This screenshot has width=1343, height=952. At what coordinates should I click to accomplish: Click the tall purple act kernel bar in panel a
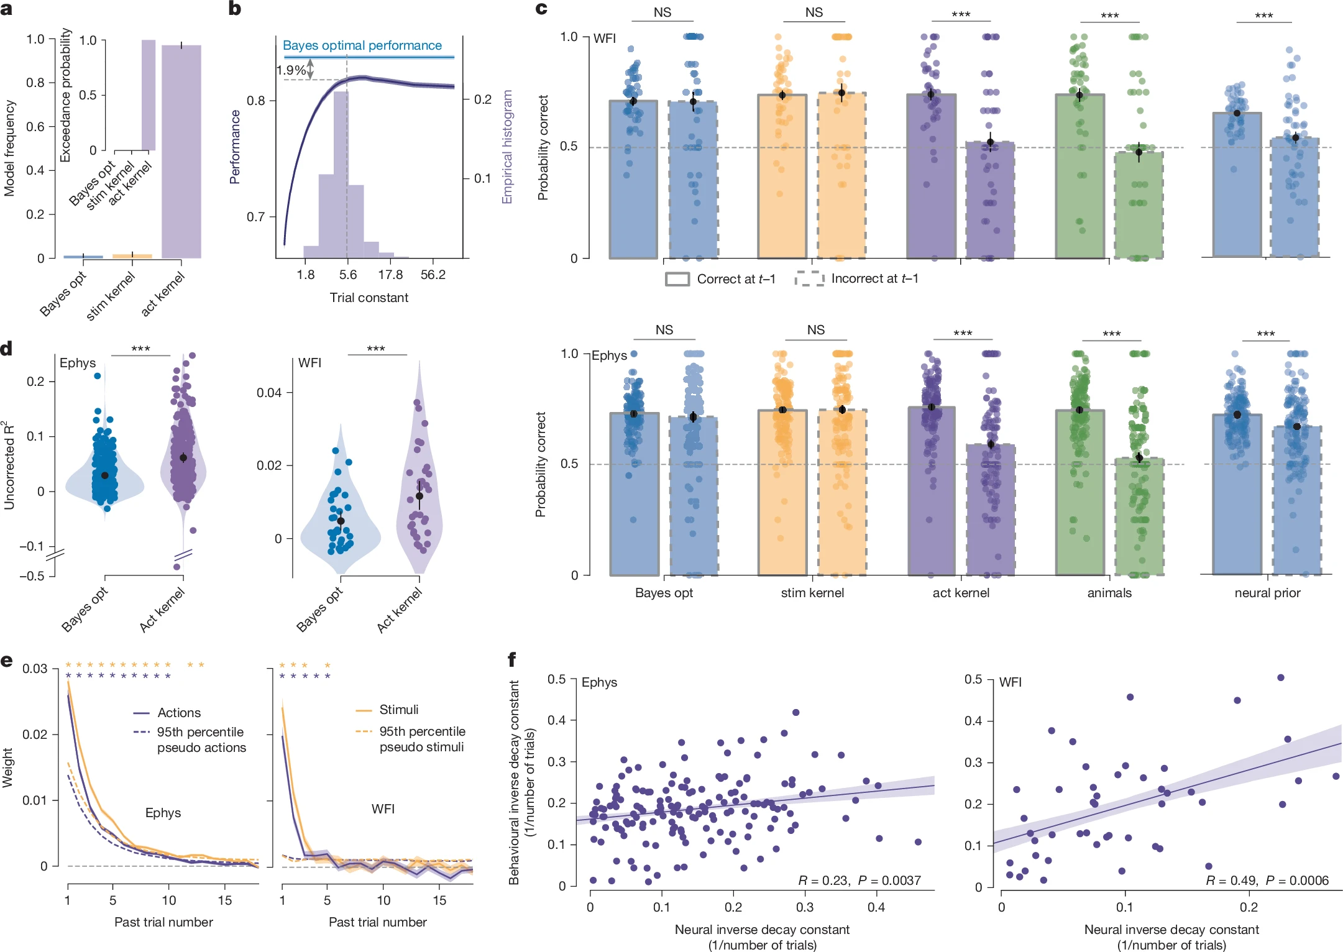point(181,155)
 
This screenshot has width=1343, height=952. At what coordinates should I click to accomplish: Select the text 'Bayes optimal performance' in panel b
point(362,45)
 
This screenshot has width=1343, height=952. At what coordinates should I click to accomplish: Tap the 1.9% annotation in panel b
point(291,70)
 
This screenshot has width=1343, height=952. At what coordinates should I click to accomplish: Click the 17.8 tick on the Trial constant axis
point(390,275)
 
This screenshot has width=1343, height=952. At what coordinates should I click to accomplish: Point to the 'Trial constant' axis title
point(369,298)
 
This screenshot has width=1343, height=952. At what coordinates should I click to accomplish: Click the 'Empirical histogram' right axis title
point(507,147)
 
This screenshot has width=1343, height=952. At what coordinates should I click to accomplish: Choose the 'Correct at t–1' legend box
point(677,279)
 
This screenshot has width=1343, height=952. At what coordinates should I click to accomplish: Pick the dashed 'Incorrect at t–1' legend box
point(809,279)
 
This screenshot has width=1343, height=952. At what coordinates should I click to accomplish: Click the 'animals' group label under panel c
point(1109,593)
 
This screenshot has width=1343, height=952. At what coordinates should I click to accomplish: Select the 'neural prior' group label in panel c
point(1267,593)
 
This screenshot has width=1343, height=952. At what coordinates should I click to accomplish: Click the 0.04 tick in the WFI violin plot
point(269,393)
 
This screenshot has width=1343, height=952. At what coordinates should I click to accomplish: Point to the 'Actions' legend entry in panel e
point(179,713)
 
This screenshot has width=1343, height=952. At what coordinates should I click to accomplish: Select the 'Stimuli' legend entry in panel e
point(398,710)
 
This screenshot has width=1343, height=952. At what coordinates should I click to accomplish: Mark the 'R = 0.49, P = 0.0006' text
point(1267,880)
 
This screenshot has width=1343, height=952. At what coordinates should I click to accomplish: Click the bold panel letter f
point(512,659)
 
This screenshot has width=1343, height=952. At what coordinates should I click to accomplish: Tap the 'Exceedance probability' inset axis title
point(65,95)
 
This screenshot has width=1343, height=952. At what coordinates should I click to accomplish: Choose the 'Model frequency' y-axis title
point(9,149)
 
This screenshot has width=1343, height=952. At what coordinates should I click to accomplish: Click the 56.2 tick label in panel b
point(433,275)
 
